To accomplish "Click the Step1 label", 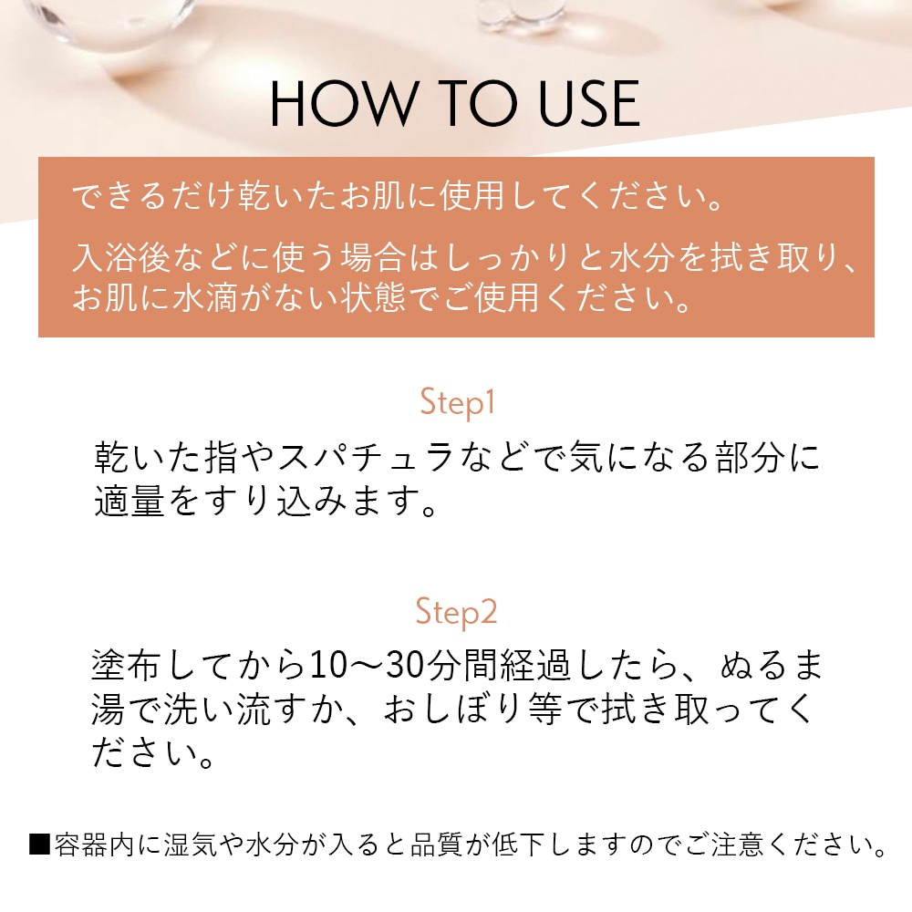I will coord(456,402).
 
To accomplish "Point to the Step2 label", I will coord(456,612).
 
